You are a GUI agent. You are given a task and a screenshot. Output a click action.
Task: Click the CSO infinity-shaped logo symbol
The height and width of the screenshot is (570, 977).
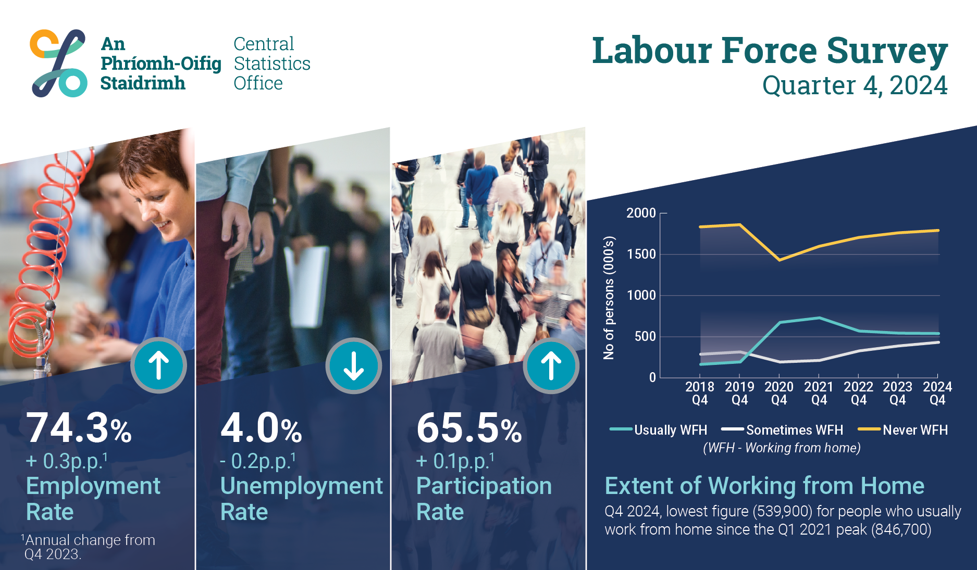coord(58,63)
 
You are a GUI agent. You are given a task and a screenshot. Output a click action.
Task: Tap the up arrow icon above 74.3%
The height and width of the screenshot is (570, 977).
coord(158,365)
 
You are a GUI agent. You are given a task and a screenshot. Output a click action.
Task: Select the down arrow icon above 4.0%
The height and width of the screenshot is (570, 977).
coord(354,366)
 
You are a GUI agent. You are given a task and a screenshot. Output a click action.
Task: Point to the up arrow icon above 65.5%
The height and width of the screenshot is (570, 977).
coord(551,365)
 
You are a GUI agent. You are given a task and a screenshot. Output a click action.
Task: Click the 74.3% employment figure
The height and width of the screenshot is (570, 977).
coord(79,428)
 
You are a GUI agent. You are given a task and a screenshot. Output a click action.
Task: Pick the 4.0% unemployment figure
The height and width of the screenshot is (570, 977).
coord(261,428)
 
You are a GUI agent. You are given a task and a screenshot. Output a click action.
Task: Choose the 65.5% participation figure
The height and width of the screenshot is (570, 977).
coord(469,428)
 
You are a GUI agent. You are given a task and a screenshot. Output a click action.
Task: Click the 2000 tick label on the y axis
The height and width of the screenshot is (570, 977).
coord(641,213)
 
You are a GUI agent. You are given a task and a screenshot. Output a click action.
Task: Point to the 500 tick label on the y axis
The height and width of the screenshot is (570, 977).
coord(645,336)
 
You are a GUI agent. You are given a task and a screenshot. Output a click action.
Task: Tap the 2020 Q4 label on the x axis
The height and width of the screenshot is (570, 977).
coord(779,393)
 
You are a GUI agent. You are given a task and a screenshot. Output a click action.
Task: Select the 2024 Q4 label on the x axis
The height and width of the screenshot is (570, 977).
coord(937,393)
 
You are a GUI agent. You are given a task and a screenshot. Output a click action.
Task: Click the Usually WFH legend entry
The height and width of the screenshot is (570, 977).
coord(658,430)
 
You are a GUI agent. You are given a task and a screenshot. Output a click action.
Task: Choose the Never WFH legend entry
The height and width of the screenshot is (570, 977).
coord(903,430)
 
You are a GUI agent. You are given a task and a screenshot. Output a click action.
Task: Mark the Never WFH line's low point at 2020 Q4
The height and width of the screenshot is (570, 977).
coord(780,260)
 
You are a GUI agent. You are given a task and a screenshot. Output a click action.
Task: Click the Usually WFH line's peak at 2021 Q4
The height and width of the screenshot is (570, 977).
coord(819,318)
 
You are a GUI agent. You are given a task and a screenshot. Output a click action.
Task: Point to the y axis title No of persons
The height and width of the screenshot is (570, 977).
coord(609,298)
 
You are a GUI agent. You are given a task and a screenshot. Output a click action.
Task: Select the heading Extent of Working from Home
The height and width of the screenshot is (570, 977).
coord(764,486)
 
